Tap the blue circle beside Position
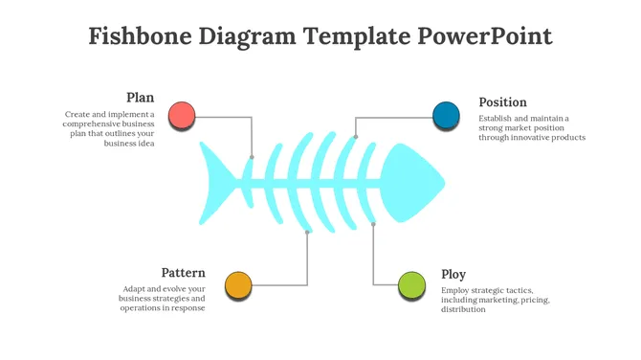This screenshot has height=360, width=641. tap(446, 115)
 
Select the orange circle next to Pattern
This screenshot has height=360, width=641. tap(238, 284)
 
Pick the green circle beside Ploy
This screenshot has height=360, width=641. tap(411, 284)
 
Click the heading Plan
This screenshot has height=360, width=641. tap(140, 98)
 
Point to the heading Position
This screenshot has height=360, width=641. tap(502, 102)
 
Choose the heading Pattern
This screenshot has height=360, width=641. tap(183, 273)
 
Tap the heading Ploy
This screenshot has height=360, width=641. tap(453, 275)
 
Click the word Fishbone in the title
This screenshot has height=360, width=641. tap(139, 36)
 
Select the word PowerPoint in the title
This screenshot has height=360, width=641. tap(485, 36)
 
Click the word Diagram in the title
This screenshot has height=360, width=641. tap(248, 36)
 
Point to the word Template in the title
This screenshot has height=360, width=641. tap(357, 36)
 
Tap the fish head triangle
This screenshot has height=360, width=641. tap(413, 183)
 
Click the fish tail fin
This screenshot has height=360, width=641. tap(219, 184)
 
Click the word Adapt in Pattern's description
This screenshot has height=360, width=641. tap(135, 288)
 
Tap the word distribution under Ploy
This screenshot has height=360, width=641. tap(463, 309)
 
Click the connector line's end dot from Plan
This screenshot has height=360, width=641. tap(252, 156)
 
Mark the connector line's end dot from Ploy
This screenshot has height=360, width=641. tap(373, 224)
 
